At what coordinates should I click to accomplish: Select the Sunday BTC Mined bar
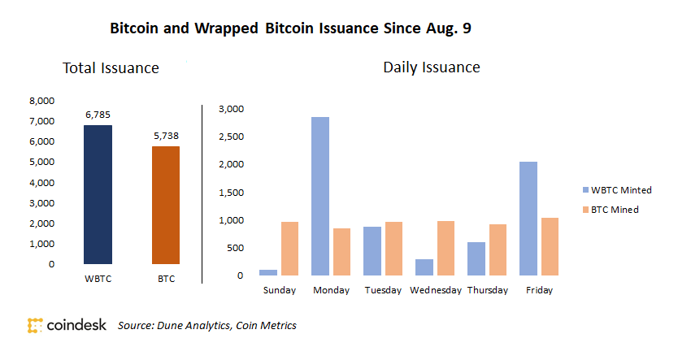[x=290, y=249]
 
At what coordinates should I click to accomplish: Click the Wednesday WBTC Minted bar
[x=424, y=267]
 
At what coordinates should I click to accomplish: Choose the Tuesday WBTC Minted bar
[x=372, y=251]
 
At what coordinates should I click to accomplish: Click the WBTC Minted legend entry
[x=617, y=190]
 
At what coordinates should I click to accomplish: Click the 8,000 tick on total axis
[x=41, y=101]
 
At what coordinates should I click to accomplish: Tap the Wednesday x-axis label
[x=436, y=290]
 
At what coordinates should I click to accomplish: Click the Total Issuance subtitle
[x=111, y=69]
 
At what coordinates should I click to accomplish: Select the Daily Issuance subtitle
[x=431, y=67]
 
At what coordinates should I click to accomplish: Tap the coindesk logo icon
[x=36, y=326]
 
